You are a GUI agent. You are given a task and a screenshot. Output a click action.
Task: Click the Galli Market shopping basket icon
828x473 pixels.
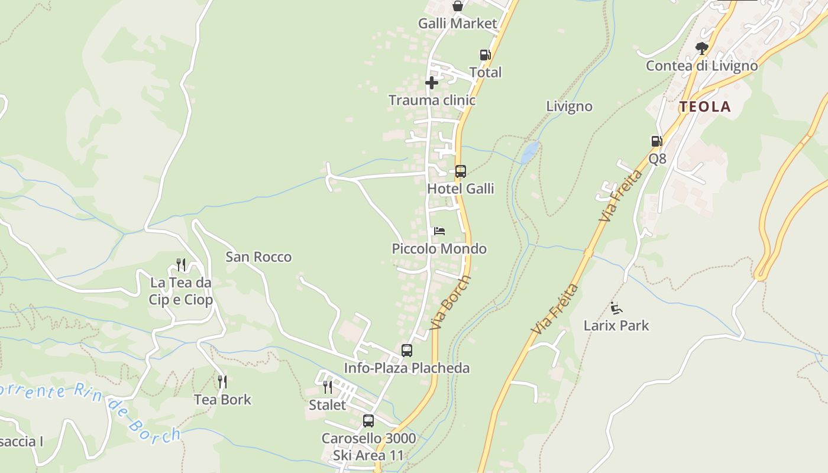coord(458,7)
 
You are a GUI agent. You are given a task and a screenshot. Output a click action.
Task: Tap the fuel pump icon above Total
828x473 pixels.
coord(485,55)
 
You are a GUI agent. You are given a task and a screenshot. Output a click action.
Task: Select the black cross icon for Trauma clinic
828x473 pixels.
coord(432,83)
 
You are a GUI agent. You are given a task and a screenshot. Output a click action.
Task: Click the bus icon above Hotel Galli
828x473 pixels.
coord(461,171)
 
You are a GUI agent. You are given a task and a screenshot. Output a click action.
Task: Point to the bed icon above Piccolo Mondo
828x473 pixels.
coord(439,231)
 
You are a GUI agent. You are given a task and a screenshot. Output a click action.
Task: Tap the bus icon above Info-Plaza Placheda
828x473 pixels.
coord(407,350)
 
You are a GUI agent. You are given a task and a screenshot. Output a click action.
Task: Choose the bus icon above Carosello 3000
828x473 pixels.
coord(368,421)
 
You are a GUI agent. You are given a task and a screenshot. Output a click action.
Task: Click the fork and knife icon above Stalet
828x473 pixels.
coord(327,387)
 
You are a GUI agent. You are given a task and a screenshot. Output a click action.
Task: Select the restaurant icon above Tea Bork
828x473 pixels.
coord(222,382)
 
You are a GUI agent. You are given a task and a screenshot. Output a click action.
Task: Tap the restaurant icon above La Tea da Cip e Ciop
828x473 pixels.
coord(181,264)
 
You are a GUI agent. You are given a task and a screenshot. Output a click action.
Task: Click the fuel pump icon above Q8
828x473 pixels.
coord(656,141)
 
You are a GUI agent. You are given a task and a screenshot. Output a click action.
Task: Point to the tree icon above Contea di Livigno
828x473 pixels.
coord(702,48)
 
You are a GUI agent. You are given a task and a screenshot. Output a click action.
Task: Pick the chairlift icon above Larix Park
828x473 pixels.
coord(616,308)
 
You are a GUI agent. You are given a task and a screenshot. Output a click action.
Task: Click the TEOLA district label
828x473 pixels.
coord(705,107)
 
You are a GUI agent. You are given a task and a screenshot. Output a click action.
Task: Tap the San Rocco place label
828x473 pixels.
coord(258,257)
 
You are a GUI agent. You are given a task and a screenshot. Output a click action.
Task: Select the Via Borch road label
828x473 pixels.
coord(451,302)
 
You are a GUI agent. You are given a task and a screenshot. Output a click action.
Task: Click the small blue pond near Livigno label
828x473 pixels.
coord(530,152)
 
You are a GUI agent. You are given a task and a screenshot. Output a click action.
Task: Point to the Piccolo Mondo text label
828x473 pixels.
coord(439,249)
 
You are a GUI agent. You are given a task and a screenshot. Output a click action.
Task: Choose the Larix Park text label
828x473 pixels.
coord(616,326)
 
